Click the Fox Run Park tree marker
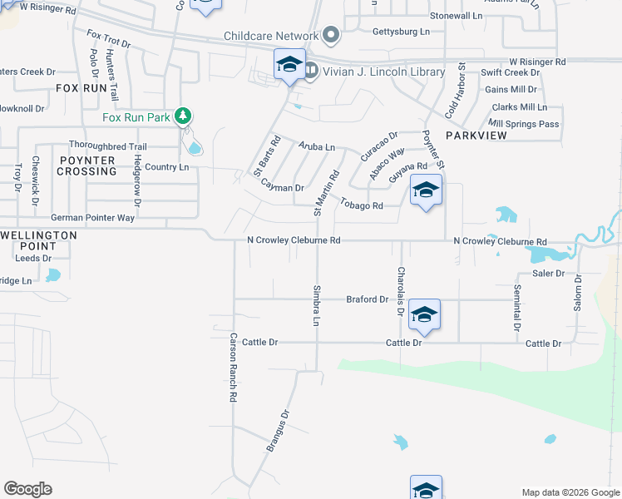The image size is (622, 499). click(183, 116)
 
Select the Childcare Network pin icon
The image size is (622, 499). click(331, 35)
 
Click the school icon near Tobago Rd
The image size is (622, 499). click(426, 191)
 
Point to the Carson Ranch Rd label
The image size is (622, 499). click(234, 368)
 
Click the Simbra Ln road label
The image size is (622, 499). click(317, 307)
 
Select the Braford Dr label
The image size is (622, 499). click(368, 299)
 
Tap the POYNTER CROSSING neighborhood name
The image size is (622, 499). click(86, 166)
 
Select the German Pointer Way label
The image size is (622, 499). click(92, 218)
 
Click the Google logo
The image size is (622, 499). click(27, 488)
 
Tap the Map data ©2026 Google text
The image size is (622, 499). click(570, 492)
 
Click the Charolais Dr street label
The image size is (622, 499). click(400, 291)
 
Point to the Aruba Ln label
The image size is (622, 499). click(317, 147)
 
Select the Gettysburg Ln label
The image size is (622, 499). click(402, 32)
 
